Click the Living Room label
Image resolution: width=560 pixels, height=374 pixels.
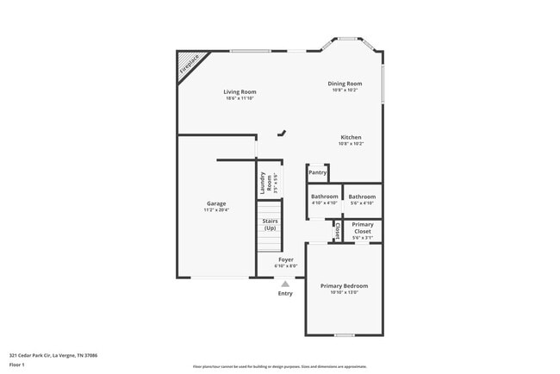(240, 92)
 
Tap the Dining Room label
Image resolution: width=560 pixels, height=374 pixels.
(345, 84)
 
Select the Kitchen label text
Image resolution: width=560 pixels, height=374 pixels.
(351, 137)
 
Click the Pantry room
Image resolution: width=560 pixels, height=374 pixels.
(317, 172)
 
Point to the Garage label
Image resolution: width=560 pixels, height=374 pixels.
(215, 203)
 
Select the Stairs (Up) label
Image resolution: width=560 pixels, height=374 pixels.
(271, 224)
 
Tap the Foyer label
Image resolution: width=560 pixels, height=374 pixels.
(285, 259)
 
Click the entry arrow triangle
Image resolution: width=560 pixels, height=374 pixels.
(285, 283)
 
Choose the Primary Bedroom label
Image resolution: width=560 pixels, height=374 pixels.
(344, 286)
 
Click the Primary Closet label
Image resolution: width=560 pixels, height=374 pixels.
(363, 228)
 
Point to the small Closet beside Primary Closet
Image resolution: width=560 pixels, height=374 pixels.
(337, 231)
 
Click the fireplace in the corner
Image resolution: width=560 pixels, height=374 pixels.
(190, 64)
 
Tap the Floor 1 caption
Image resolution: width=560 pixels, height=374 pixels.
(17, 365)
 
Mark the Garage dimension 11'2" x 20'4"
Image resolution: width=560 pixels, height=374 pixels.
(215, 209)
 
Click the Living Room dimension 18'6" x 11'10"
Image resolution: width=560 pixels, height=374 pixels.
(240, 98)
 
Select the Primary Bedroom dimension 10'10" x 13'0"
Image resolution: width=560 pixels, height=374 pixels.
(344, 292)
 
